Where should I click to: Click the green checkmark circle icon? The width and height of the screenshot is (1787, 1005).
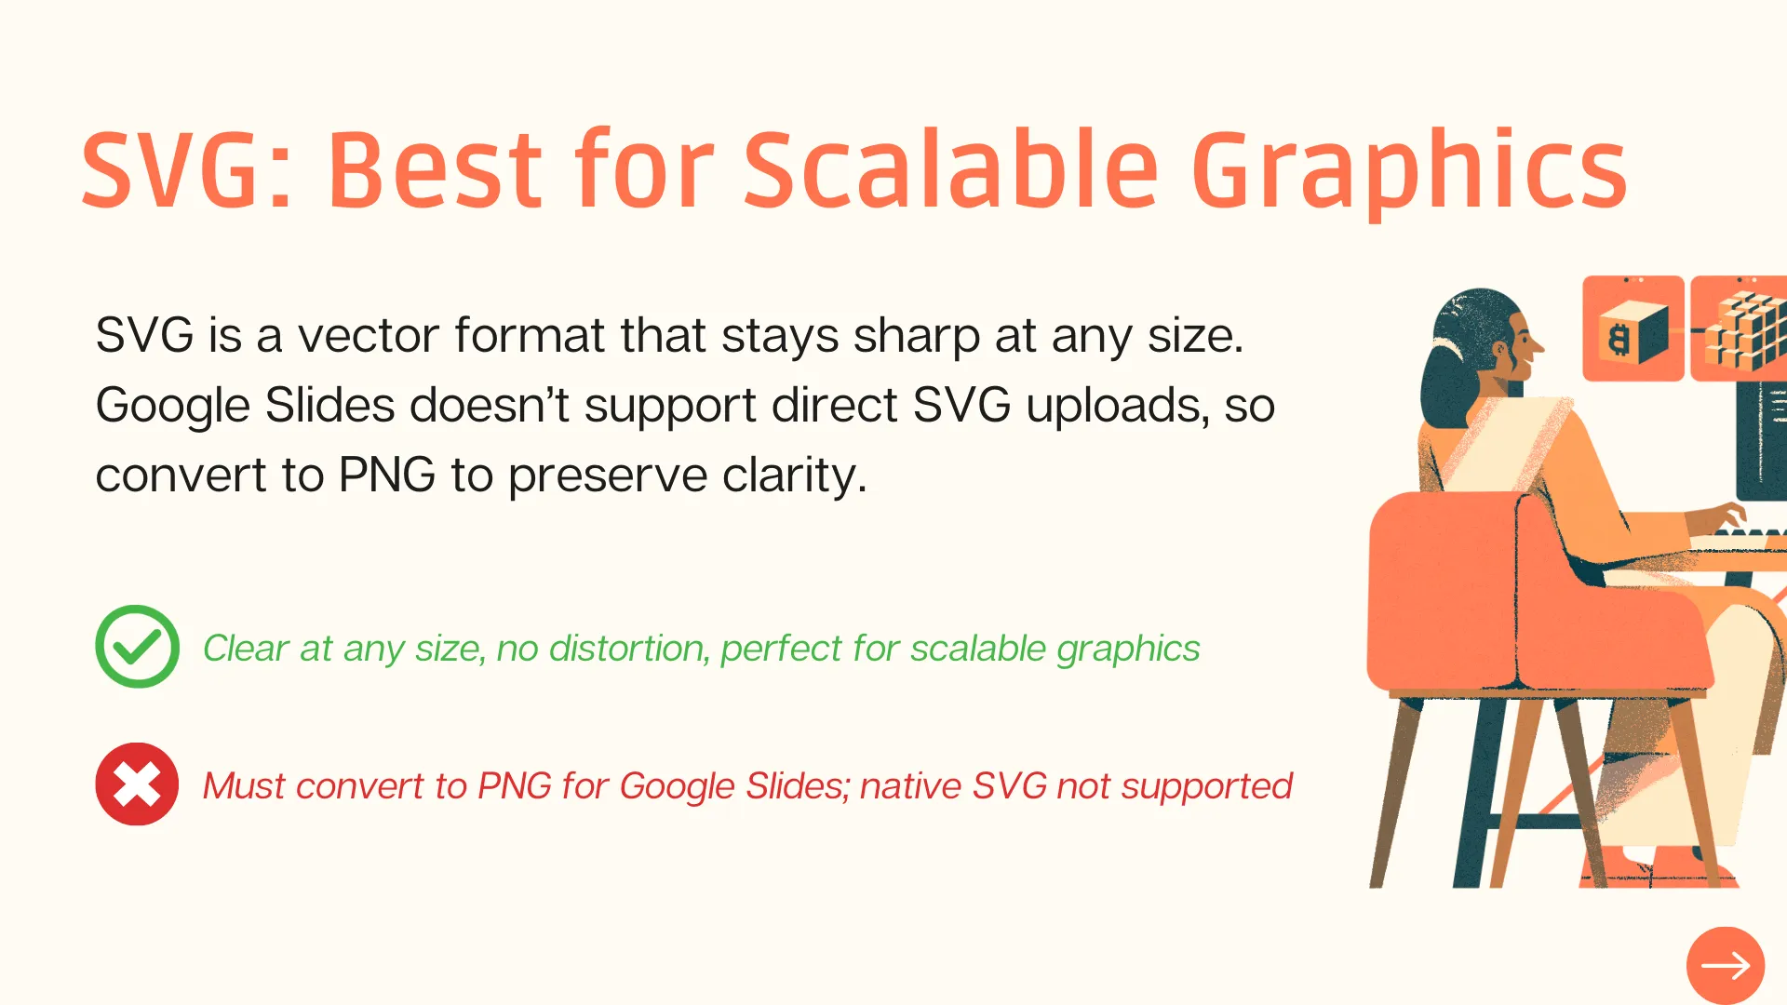click(x=137, y=647)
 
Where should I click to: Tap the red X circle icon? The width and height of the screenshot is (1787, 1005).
click(x=137, y=784)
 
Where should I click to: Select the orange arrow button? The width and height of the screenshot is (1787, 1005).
click(x=1726, y=966)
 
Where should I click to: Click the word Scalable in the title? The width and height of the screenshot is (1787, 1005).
click(x=950, y=169)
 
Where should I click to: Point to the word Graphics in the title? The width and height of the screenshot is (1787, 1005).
click(x=1409, y=173)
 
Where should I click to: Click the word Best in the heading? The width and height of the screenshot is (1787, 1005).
click(x=435, y=169)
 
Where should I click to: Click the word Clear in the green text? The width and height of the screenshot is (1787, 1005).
click(x=246, y=648)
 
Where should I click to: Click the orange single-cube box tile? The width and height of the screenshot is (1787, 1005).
click(x=1633, y=328)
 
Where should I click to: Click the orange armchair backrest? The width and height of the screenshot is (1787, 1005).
click(x=1452, y=586)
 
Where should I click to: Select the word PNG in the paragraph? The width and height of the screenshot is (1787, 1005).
click(x=387, y=476)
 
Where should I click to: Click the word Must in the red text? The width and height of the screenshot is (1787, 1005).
click(x=244, y=786)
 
